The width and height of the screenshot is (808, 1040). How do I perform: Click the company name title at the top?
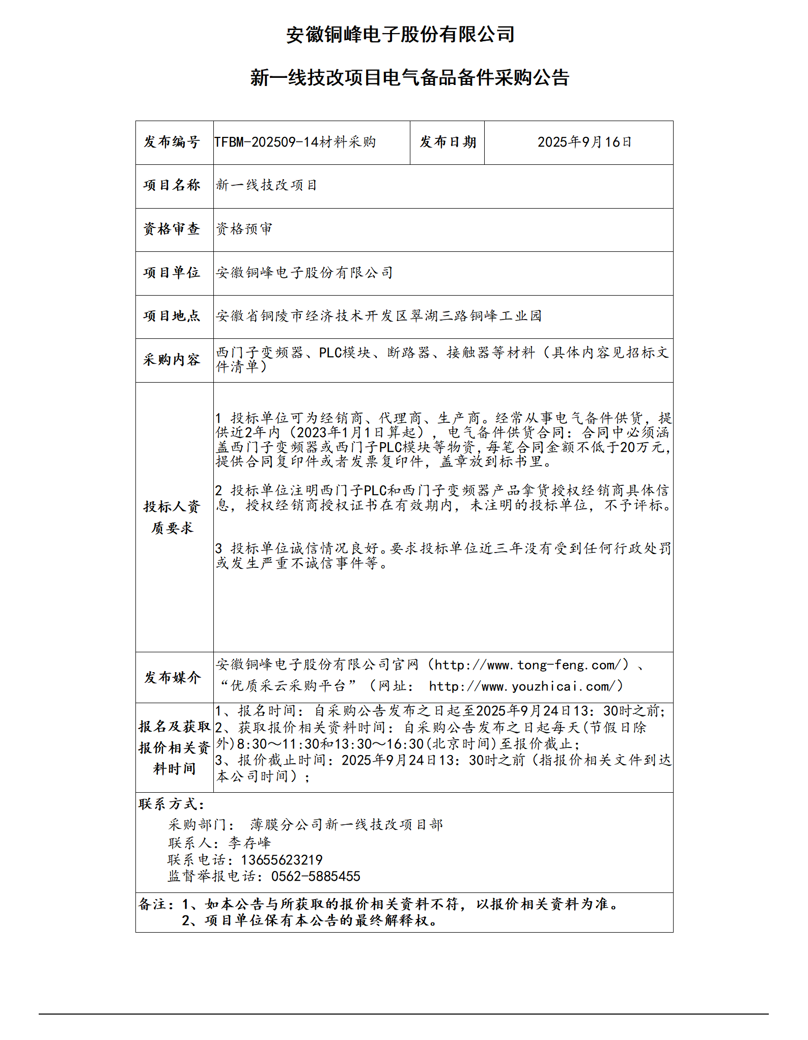[400, 35]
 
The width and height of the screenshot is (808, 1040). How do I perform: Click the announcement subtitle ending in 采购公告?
[409, 78]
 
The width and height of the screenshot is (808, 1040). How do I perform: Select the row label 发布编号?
[172, 142]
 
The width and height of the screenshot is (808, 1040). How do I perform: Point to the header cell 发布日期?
[448, 142]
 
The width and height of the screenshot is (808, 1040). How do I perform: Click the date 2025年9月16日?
[584, 142]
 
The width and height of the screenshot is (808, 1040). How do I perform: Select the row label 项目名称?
[172, 185]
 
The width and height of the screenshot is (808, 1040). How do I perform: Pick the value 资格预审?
[244, 229]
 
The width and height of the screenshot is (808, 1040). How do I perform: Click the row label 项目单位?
[172, 273]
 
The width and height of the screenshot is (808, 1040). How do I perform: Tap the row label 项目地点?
[172, 316]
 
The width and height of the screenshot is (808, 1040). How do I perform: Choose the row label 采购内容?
[172, 360]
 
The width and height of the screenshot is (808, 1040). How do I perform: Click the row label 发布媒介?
[172, 677]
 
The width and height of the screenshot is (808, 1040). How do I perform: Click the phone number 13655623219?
[282, 860]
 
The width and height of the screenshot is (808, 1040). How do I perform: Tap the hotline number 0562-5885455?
[316, 876]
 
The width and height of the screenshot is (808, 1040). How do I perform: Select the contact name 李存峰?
[249, 843]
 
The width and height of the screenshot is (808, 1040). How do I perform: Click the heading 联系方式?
[171, 804]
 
